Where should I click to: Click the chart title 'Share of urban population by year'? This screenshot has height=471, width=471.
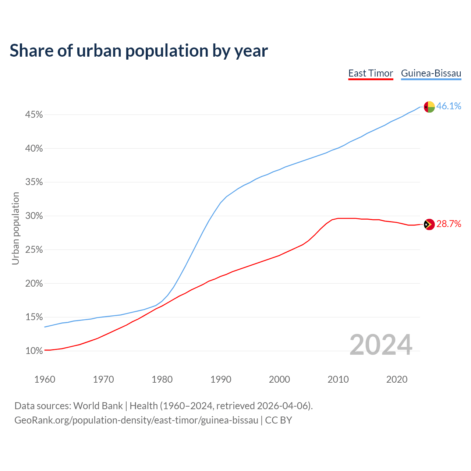coord(139,51)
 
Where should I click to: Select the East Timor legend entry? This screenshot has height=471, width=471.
coord(371,73)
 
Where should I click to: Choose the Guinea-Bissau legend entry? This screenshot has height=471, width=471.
coord(431,73)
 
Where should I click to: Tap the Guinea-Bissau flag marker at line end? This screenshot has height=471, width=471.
coord(429,107)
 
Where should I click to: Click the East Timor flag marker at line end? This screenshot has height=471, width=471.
coord(429,224)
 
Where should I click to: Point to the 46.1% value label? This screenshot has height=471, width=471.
coord(449,106)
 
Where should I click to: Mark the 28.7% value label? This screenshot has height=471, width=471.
coord(449,224)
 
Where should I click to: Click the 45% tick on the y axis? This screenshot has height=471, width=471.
coord(34,115)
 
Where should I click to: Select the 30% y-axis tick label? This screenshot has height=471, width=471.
coord(34,216)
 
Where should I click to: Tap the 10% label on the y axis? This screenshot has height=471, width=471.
coord(34,351)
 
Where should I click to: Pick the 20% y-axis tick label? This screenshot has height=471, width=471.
coord(34,284)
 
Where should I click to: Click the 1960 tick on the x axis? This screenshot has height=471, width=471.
coord(45,379)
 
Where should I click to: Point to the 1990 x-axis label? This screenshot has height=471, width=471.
coord(221,379)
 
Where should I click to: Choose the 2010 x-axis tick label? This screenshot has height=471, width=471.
coord(338,379)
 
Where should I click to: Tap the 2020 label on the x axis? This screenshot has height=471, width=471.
coord(397,379)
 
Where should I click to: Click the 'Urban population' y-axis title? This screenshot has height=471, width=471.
coord(15,229)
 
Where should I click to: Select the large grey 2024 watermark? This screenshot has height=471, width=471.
coord(381,345)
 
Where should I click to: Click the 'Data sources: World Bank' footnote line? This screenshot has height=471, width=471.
coord(163,406)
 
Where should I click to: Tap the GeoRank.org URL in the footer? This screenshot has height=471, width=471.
coord(136,420)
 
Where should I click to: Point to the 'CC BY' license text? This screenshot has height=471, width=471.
coord(279,420)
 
